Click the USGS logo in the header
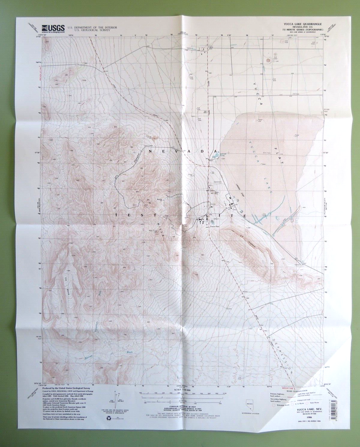tap(53, 28)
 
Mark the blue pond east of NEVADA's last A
tap(215, 156)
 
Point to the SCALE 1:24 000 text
tap(180, 390)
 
